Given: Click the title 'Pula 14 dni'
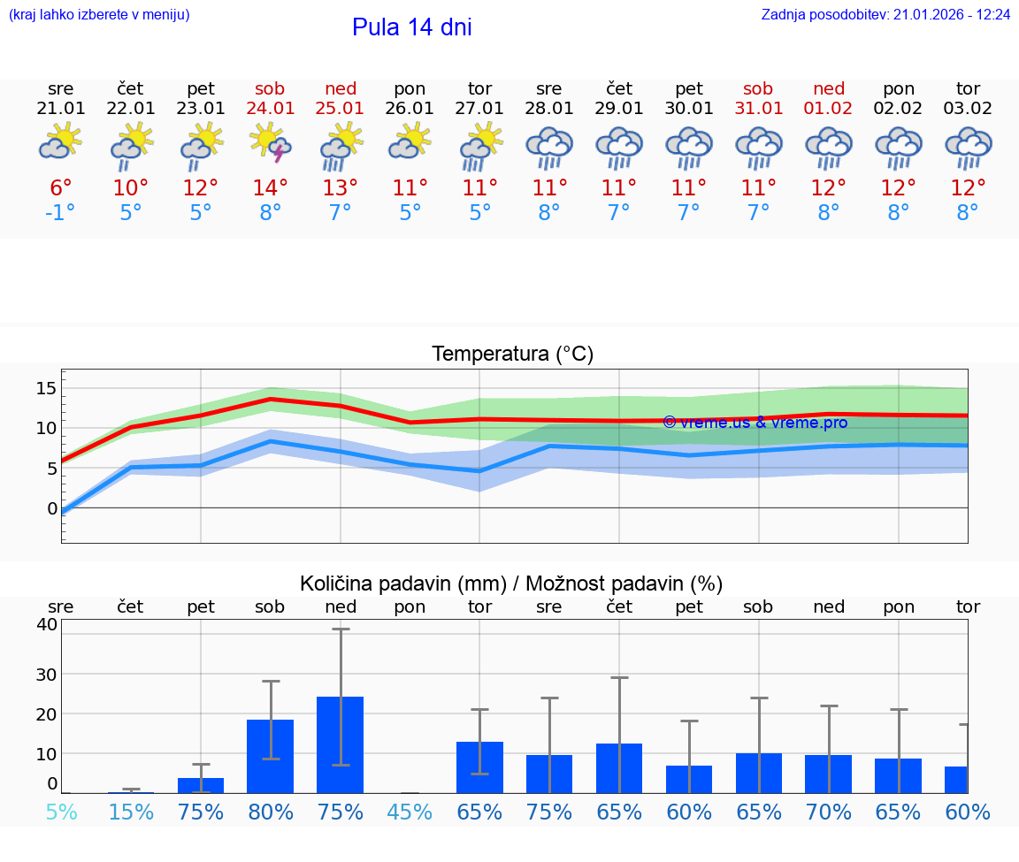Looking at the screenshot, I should point(411,27).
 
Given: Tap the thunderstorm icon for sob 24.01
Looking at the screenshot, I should point(271,145).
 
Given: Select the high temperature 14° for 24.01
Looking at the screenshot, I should point(271,187).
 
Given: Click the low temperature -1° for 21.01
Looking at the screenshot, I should point(61,213).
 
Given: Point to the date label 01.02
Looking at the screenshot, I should point(829,108).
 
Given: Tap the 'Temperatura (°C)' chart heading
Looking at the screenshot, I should point(512,355).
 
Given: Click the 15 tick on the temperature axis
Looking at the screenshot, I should point(46,388).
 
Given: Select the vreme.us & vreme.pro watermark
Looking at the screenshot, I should point(755,423).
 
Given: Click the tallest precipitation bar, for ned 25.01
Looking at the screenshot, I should point(341,744).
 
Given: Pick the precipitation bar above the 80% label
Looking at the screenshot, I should point(271,756).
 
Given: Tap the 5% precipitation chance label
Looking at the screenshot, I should point(61,812).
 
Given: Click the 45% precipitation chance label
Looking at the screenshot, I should point(410,812).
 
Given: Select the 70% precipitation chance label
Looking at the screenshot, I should point(829,812).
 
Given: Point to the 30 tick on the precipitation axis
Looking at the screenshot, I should point(46,674).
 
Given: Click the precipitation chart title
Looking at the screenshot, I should point(511,584).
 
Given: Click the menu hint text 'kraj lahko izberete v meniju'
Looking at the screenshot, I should point(99,14).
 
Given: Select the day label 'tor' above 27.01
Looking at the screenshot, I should point(479,88).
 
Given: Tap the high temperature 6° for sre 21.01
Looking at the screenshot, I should point(61,187).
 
